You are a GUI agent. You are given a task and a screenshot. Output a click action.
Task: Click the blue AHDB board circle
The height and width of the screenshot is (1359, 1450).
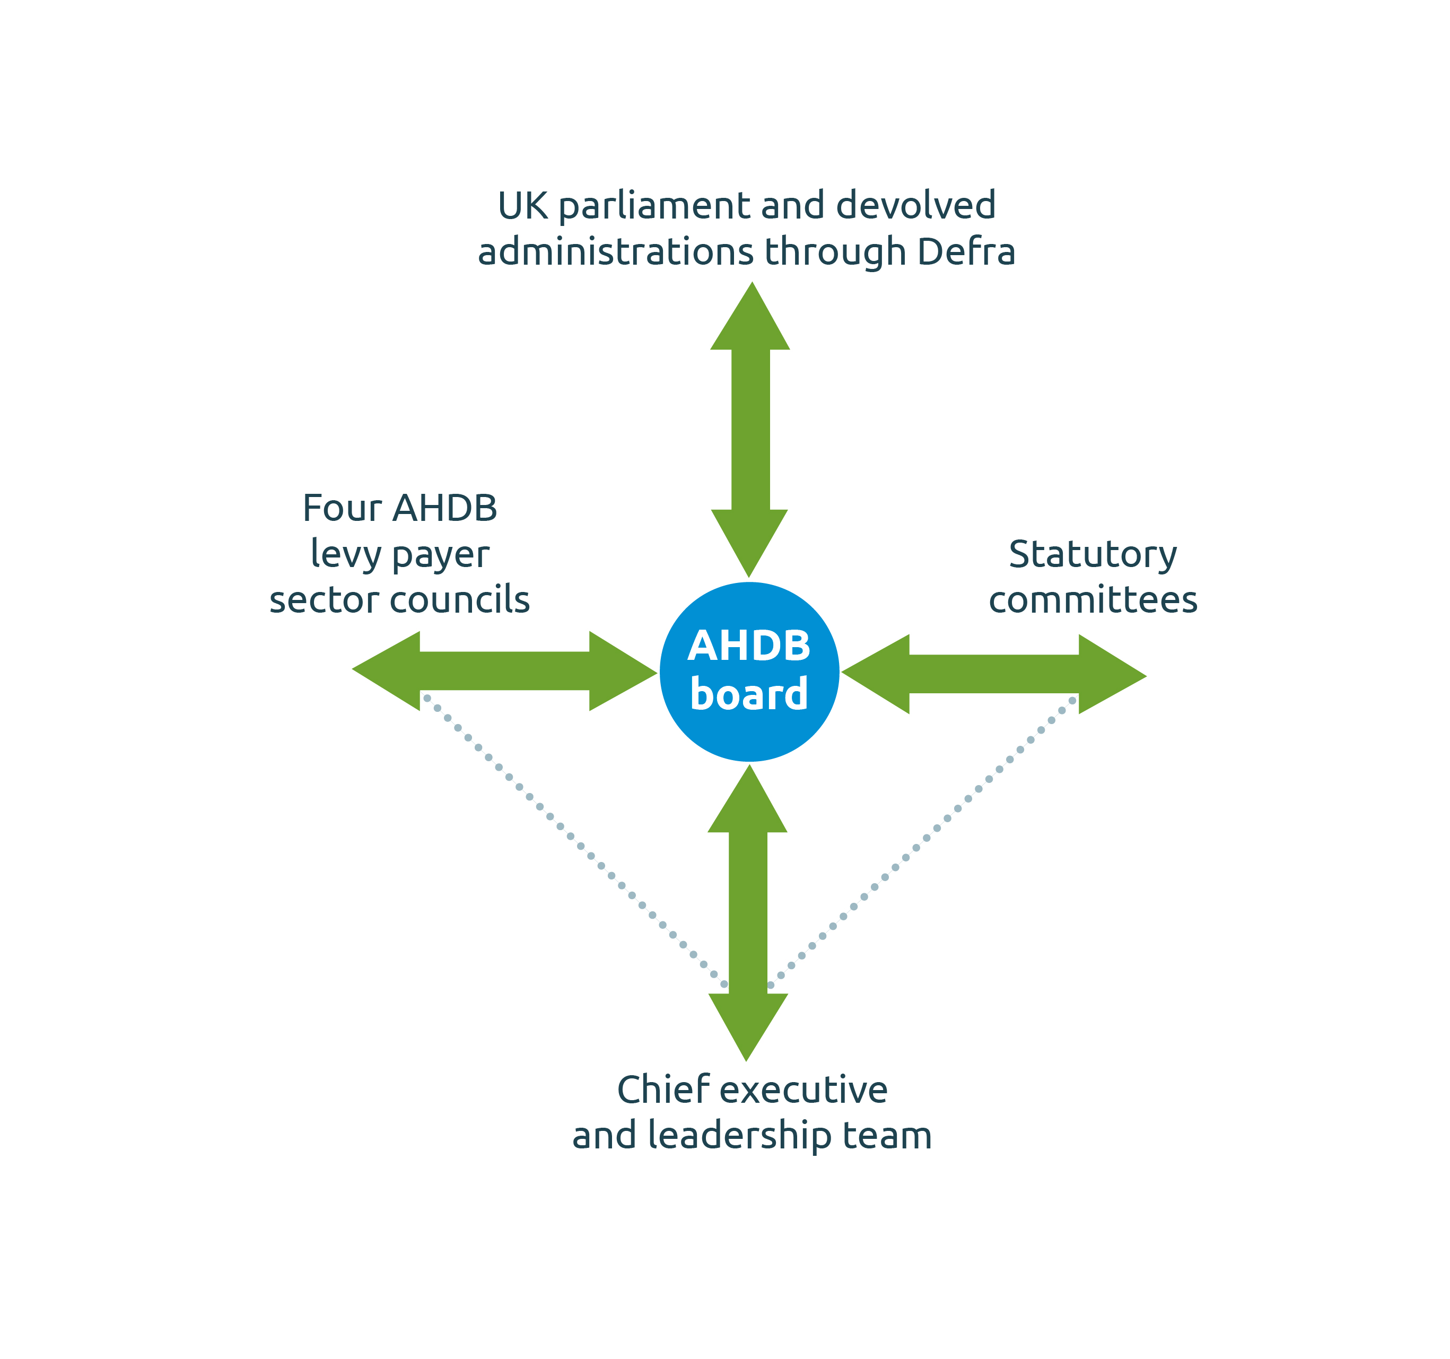coord(749,671)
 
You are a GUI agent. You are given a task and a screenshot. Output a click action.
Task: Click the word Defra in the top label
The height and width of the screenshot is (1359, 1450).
coord(966,251)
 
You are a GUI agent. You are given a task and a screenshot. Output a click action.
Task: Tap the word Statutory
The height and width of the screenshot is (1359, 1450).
coord(1092,554)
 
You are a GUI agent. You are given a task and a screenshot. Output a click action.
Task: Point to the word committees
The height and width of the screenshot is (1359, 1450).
coord(1093,599)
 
